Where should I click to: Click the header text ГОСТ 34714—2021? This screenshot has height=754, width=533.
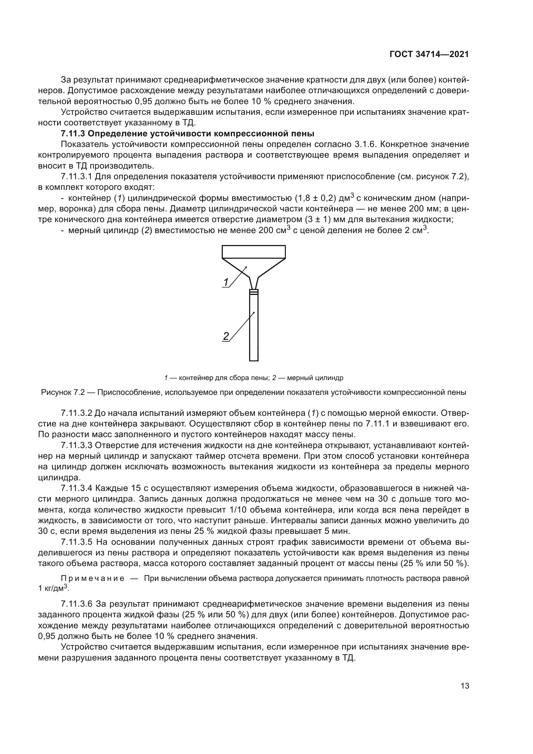[429, 54]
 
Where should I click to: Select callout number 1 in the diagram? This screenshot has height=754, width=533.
[226, 282]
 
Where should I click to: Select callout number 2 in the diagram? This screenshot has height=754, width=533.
[226, 336]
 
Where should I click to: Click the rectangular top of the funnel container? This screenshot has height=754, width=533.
[253, 252]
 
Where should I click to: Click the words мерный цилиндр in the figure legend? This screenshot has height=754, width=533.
[315, 378]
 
